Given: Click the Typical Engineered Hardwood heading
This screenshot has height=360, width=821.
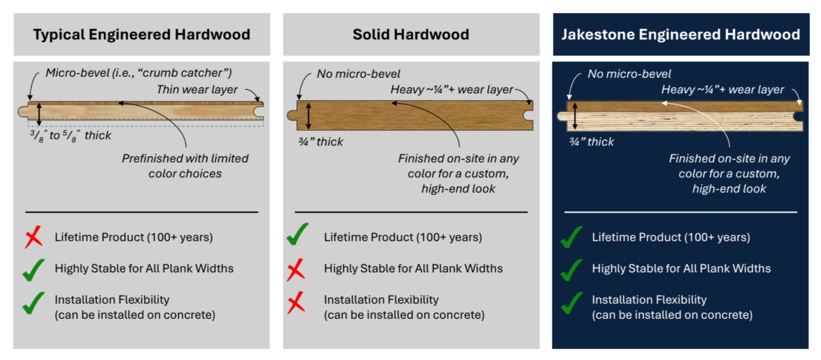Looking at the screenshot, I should (142, 34).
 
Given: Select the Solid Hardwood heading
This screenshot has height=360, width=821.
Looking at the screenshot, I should (411, 34).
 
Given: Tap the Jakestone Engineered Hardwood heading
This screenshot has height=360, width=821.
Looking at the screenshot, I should (681, 34).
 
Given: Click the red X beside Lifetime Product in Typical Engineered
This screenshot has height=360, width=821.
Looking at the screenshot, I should (34, 237).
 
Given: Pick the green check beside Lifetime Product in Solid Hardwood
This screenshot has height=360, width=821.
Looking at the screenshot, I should (297, 234).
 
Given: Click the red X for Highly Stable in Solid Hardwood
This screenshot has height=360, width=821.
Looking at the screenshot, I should (296, 270).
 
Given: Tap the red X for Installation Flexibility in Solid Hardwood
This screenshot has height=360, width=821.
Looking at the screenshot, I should (296, 303).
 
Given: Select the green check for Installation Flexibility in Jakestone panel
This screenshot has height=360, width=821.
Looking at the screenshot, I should (572, 303).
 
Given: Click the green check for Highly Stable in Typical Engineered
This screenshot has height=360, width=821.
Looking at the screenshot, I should (34, 270).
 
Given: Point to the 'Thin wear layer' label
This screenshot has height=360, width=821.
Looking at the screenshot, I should (197, 90).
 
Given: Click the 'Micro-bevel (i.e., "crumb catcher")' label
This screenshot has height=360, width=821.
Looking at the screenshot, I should (138, 73).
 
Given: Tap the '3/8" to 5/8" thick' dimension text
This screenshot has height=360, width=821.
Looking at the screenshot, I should (71, 136).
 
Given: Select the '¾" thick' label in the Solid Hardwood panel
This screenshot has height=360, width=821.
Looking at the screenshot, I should (320, 142).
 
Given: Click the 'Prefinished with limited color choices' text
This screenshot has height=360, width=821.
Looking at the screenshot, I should (185, 166).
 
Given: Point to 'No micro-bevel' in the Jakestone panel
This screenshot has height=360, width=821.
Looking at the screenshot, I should (629, 74).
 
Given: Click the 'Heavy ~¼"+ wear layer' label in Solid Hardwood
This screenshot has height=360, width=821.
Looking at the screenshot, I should (452, 90).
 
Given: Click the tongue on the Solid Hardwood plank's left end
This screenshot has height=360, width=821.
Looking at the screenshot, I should (292, 115).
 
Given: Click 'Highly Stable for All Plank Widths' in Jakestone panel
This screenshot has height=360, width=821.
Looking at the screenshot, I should (681, 268).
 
